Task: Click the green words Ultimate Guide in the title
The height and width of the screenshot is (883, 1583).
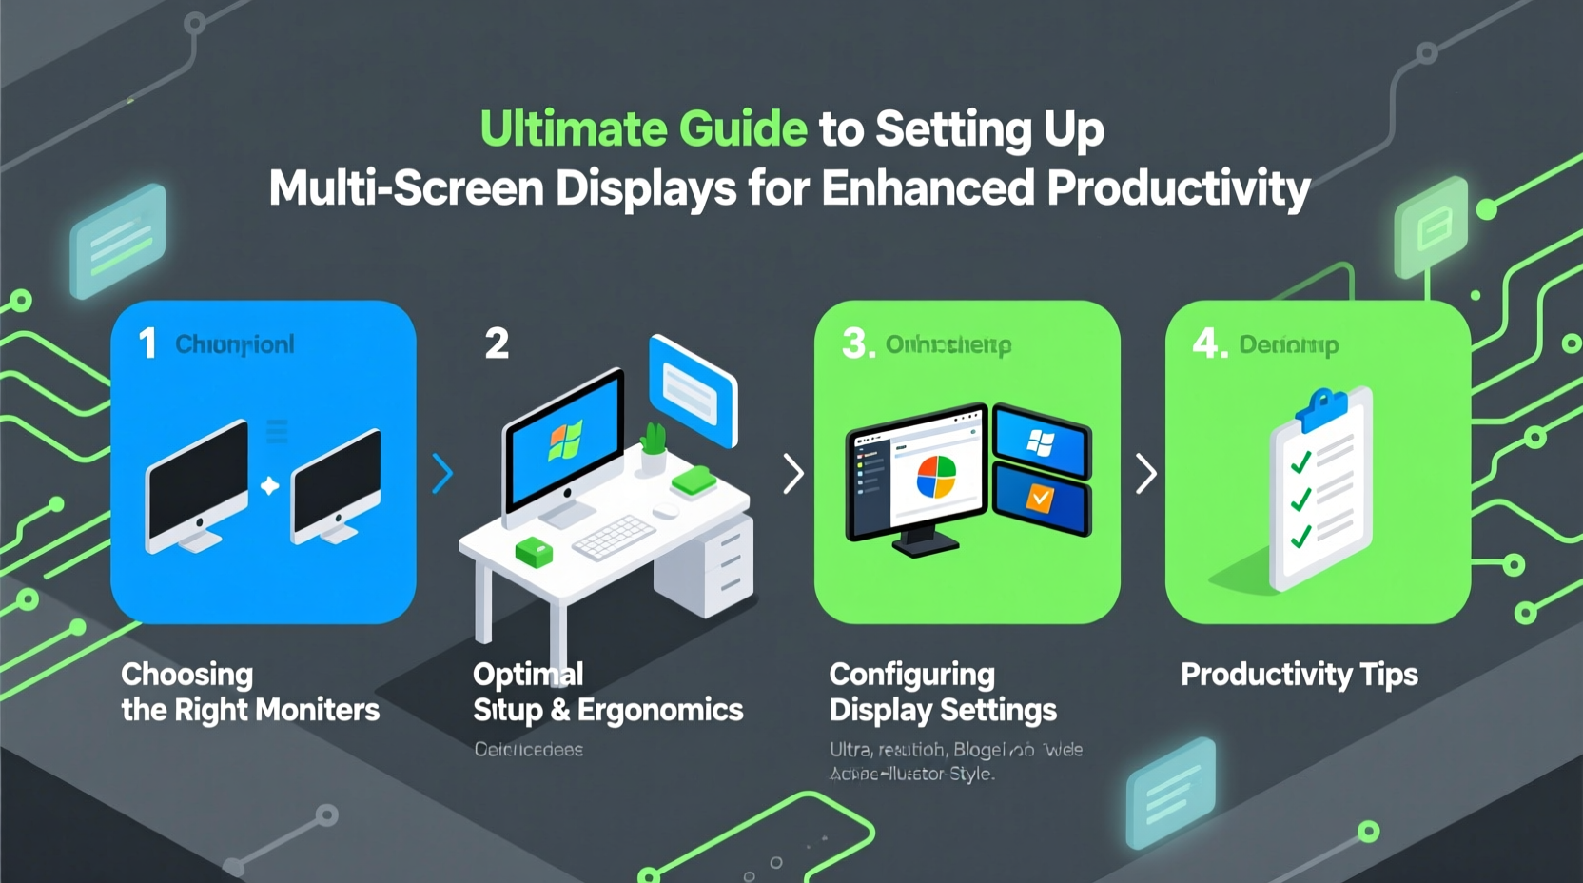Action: (643, 129)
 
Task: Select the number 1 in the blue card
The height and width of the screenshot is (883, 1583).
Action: (147, 343)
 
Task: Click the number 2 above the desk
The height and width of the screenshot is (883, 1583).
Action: (497, 343)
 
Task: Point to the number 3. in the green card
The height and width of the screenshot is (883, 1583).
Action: (857, 343)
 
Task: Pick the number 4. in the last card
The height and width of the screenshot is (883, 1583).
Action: (1209, 343)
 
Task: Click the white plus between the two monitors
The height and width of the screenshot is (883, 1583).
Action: (270, 486)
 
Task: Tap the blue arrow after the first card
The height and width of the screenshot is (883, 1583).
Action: (442, 473)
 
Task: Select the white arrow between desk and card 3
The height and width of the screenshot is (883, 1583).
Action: (792, 473)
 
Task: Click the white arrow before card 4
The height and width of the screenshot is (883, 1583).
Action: (1146, 473)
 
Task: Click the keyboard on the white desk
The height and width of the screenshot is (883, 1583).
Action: (614, 538)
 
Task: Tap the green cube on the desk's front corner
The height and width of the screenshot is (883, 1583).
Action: (533, 551)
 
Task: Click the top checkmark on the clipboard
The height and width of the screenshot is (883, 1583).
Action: (1300, 462)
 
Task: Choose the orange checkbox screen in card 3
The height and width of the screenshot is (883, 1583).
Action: (1041, 498)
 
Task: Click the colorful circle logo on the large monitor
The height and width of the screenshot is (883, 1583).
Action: (935, 477)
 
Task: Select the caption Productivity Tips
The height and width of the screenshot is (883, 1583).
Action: (1299, 675)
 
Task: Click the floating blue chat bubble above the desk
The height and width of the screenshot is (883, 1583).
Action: (693, 390)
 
